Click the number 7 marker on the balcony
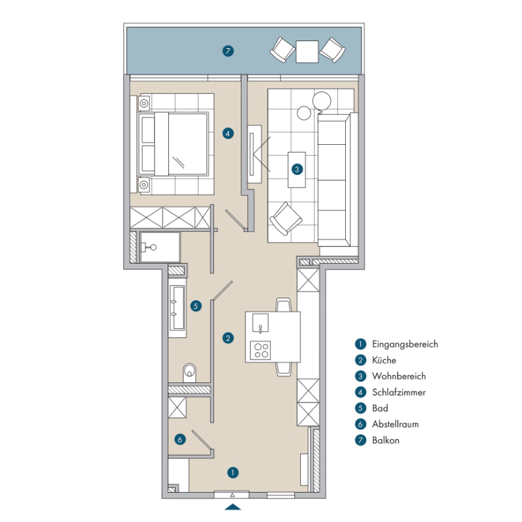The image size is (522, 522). coord(228,51)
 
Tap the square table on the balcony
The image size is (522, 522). coord(307,52)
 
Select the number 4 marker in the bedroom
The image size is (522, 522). coord(228,134)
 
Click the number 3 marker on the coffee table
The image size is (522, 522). coord(297,169)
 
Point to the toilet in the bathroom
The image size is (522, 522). coord(189,373)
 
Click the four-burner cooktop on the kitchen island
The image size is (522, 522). coord(260,350)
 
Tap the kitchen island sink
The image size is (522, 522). coord(260,322)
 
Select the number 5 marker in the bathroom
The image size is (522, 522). coord(196,306)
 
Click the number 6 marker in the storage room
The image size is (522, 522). coord(180,439)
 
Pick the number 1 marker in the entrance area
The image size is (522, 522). coord(233,472)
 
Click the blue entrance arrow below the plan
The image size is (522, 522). coord(233,507)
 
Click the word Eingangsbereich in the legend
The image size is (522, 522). coord(405,345)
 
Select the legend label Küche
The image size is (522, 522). coord(384,360)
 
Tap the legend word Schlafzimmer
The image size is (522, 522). coord(399,392)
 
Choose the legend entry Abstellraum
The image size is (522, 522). coord(395,424)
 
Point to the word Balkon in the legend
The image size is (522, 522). coord(386,440)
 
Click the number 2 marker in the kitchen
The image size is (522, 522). coord(228,338)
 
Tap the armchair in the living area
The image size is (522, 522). coord(286,219)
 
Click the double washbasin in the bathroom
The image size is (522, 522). coord(177,308)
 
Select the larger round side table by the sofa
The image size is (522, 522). coord(322,100)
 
